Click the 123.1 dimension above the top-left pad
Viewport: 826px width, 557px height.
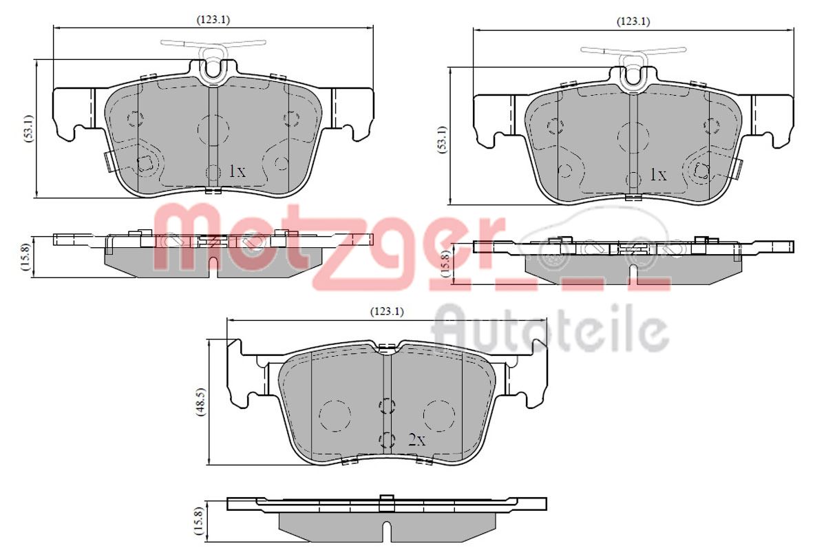click(x=213, y=20)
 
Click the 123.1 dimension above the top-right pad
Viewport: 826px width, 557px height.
click(x=633, y=22)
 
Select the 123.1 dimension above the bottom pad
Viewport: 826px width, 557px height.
click(x=387, y=312)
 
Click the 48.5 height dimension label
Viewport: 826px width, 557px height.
click(x=201, y=402)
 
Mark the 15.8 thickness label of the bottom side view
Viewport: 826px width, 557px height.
click(x=199, y=521)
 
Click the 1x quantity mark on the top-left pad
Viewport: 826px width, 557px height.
click(x=237, y=171)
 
